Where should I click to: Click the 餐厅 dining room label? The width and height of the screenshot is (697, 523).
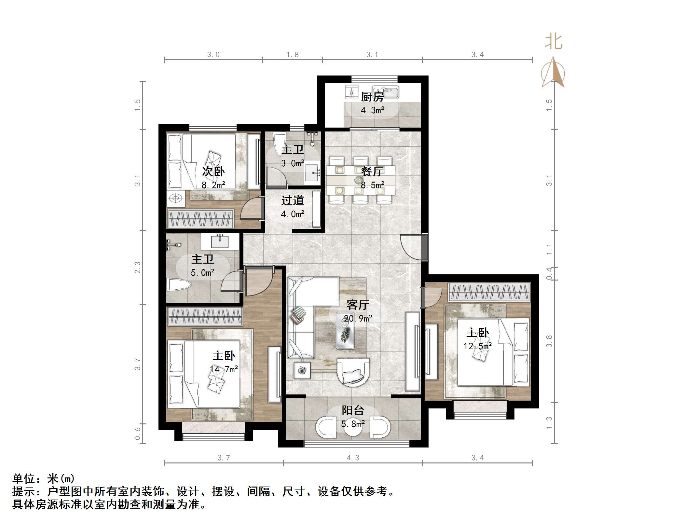(372, 171)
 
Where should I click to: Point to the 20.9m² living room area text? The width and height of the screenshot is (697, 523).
(358, 319)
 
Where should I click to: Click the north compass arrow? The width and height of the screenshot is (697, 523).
(553, 73)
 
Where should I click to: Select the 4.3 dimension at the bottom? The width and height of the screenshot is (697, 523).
(353, 458)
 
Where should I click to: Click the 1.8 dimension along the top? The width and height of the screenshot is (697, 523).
(292, 55)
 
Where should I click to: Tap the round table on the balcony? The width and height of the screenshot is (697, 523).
(353, 427)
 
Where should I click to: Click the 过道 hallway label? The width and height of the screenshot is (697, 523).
(293, 200)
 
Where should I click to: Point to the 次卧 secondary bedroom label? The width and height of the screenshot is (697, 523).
(213, 171)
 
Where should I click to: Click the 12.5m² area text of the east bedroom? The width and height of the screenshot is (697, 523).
(477, 346)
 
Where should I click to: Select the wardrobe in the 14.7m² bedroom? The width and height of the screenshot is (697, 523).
(205, 316)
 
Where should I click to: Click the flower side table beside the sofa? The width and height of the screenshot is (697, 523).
(302, 370)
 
